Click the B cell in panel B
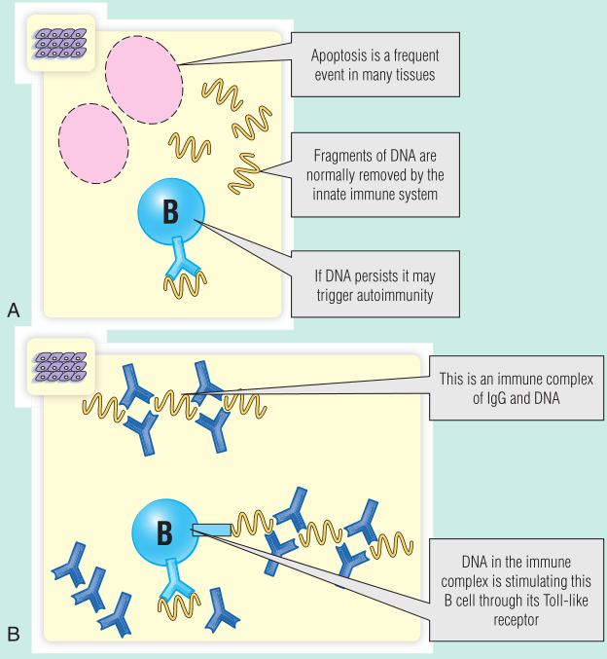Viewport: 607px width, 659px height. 164,531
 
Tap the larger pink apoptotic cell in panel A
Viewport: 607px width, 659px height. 143,76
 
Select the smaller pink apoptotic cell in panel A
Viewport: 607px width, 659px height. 93,136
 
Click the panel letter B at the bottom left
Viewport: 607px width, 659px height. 13,635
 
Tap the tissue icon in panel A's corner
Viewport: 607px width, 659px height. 60,41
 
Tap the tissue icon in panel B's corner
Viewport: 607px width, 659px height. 60,367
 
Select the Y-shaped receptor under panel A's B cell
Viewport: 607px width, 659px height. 182,255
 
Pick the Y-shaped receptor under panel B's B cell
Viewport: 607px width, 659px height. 175,582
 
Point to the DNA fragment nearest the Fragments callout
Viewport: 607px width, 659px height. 248,173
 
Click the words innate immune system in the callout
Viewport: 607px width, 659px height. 375,194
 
